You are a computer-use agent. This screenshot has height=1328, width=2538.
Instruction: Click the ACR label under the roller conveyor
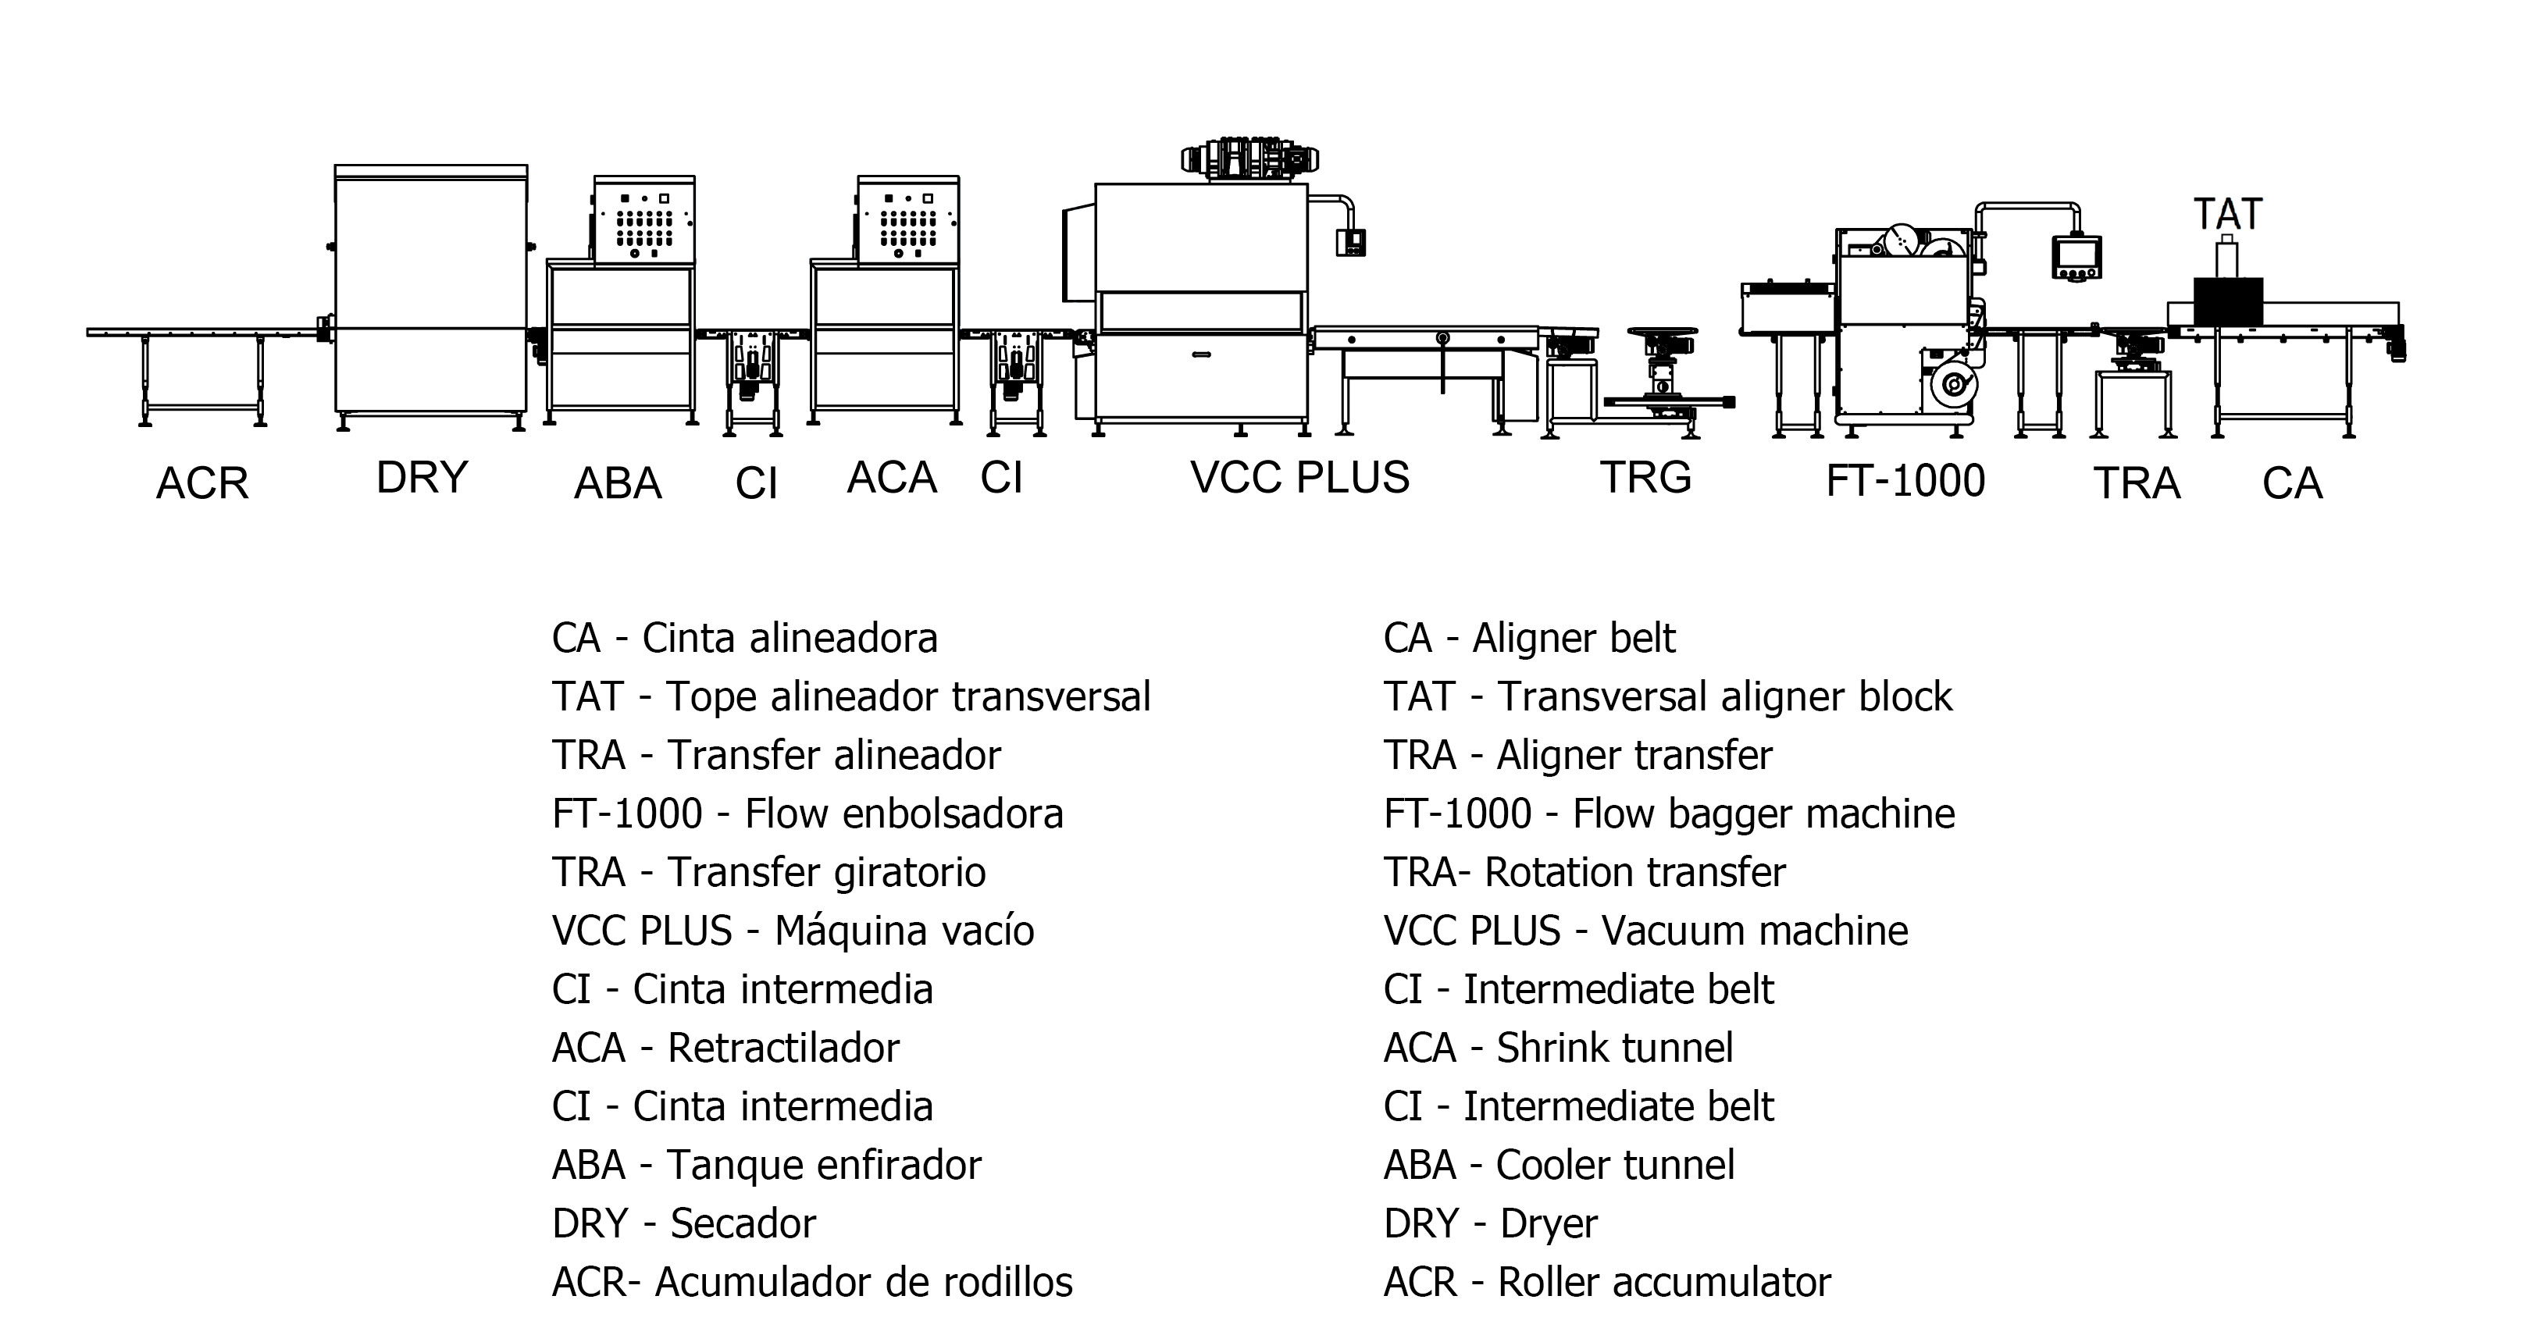[x=202, y=484]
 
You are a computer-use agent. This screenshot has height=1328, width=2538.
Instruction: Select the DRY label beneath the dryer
[x=422, y=478]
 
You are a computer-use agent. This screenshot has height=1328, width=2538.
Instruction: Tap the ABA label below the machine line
[x=618, y=484]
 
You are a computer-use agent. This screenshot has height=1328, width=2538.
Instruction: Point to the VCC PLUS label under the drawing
[x=1299, y=478]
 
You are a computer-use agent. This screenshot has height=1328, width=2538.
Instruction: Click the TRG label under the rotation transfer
[x=1645, y=478]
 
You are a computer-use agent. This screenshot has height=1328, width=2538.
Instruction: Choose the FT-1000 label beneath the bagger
[x=1905, y=482]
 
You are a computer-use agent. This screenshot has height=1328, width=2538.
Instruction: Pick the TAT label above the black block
[x=2228, y=214]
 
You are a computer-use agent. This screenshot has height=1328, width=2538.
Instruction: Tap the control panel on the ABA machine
[x=644, y=223]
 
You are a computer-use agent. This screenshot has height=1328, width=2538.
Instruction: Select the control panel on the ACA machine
[x=907, y=223]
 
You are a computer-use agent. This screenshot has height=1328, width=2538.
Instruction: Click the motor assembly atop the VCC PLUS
[x=1249, y=158]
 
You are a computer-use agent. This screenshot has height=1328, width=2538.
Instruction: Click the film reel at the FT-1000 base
[x=1952, y=385]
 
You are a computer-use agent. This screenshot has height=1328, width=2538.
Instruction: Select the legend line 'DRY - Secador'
[x=684, y=1223]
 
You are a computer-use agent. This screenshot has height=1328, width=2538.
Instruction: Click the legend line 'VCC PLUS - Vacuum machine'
[x=1645, y=931]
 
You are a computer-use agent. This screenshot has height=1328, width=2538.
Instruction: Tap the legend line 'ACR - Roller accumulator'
[x=1607, y=1283]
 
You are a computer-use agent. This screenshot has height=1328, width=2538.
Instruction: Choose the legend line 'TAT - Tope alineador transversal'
[x=851, y=697]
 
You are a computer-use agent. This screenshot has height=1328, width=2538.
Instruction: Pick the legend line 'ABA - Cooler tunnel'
[x=1559, y=1166]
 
